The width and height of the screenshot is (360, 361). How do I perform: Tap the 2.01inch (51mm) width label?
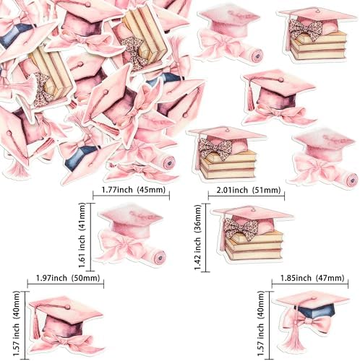click(249, 190)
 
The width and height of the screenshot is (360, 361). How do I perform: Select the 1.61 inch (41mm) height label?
click(82, 235)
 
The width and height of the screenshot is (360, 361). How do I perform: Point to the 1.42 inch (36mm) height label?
click(198, 238)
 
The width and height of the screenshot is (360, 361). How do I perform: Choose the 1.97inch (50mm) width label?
click(68, 278)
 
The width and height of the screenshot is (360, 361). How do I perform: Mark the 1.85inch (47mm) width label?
click(312, 278)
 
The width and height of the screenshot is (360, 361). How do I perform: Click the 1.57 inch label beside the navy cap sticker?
click(261, 323)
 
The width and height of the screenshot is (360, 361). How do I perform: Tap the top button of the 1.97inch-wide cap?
click(67, 307)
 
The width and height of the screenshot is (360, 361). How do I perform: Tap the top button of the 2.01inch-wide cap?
click(254, 209)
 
